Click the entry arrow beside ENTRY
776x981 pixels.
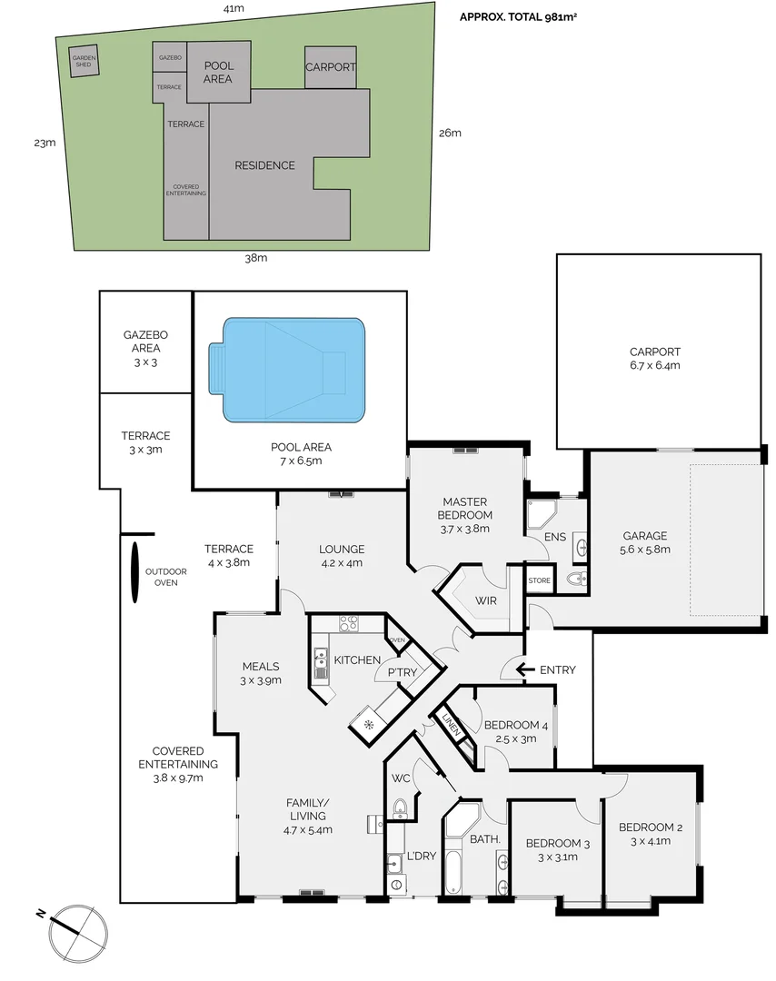tap(523, 670)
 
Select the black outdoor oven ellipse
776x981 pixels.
tap(134, 572)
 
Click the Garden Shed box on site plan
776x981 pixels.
tap(84, 62)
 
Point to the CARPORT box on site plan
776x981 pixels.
tap(330, 67)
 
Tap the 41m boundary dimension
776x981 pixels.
tap(234, 8)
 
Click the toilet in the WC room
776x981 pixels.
tap(400, 808)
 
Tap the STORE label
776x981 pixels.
tap(540, 580)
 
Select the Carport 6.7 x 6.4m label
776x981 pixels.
tap(654, 359)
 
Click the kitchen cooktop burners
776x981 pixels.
tap(348, 623)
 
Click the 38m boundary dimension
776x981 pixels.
tap(256, 258)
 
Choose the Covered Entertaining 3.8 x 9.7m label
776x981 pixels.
tap(177, 764)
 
